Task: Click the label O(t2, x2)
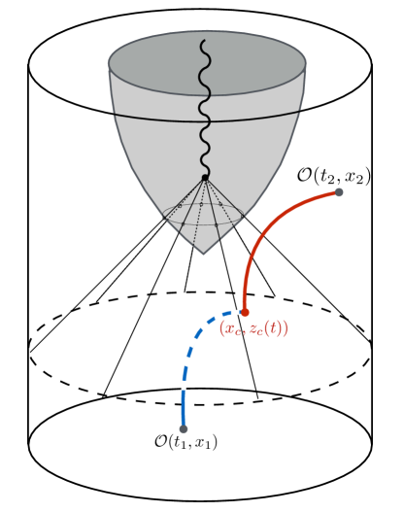(333, 175)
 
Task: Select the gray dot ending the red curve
(340, 192)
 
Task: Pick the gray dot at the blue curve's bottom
(184, 427)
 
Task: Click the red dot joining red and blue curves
(244, 312)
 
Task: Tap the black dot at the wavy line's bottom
(205, 177)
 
